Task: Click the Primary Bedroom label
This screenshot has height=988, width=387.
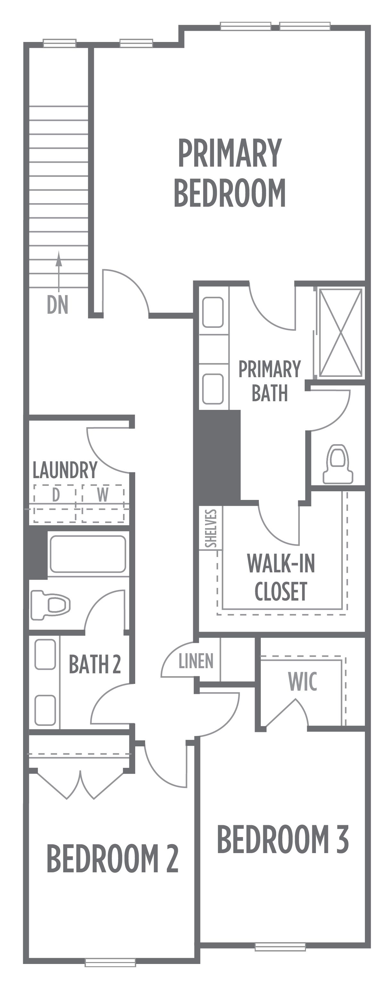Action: [x=230, y=173]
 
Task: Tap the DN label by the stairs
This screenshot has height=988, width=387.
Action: [x=58, y=304]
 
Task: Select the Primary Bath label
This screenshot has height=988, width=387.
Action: [x=270, y=380]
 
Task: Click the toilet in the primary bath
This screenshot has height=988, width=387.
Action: [x=338, y=464]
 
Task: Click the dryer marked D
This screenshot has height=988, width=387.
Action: [x=57, y=503]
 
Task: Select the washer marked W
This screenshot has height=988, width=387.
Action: [x=103, y=503]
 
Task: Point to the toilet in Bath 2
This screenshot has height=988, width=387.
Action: [x=51, y=605]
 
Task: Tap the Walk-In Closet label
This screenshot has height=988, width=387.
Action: [x=281, y=577]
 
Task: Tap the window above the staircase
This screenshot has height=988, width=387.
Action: [x=60, y=43]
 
